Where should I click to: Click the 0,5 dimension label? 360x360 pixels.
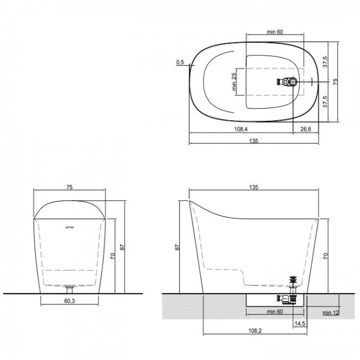(x=180, y=62)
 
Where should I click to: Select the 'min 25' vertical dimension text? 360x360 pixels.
(x=234, y=82)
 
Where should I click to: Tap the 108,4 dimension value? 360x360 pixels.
(x=241, y=129)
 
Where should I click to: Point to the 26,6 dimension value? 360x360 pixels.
(x=306, y=129)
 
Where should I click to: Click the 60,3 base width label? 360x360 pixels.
(x=69, y=301)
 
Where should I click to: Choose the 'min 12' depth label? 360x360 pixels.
(x=331, y=313)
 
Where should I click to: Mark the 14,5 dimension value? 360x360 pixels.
(x=300, y=323)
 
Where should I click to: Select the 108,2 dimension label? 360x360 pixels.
(x=255, y=331)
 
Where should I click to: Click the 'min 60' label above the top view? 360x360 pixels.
(x=275, y=32)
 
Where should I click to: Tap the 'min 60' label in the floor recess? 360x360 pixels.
(x=275, y=312)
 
